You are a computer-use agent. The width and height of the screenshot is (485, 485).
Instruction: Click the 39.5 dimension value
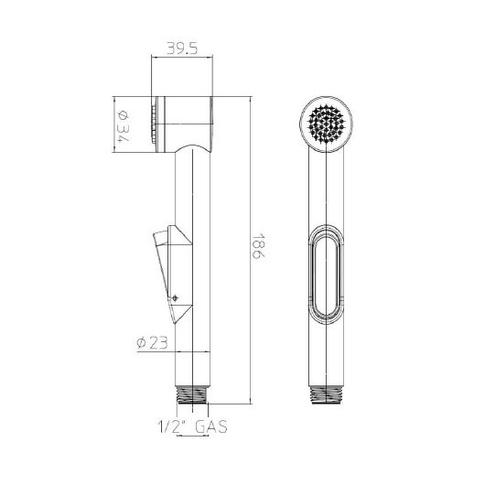(x=182, y=48)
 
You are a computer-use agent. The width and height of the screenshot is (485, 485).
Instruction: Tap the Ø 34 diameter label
(x=124, y=126)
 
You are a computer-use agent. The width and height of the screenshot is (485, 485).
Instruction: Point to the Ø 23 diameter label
(x=152, y=343)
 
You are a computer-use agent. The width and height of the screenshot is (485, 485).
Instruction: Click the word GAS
(x=211, y=426)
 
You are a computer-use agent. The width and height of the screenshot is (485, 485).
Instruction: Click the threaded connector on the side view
(x=192, y=394)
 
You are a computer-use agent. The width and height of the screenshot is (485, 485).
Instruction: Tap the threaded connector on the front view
(x=327, y=395)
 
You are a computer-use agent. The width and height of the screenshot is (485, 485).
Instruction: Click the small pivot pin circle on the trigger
(x=175, y=298)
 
